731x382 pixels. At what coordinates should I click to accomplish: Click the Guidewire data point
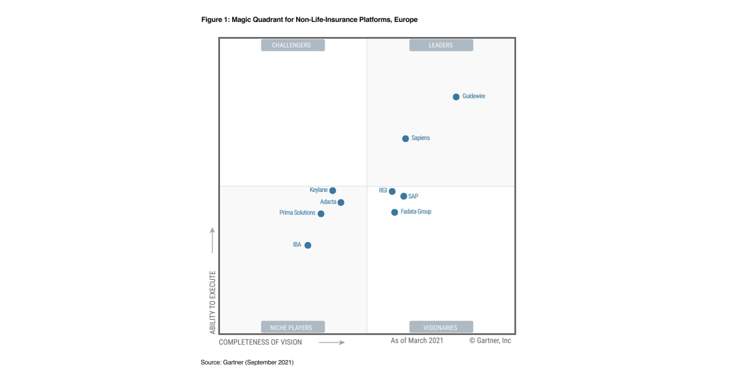pos(456,97)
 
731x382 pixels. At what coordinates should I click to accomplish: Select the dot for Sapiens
pos(406,138)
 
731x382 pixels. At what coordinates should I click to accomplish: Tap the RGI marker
pos(392,191)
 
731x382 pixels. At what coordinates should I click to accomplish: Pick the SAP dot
pos(404,196)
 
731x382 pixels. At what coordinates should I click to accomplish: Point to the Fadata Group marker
pos(395,213)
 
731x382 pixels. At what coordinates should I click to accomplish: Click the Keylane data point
pos(333,191)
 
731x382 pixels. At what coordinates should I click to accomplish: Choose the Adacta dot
pos(341,202)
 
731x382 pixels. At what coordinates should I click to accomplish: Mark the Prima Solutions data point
pos(321,214)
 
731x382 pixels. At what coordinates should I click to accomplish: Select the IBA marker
pos(308,246)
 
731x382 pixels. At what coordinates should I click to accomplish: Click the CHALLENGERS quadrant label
pos(293,45)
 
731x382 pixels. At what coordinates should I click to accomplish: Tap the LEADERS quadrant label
pos(441,45)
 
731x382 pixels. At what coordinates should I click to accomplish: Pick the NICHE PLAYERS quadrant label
pos(293,327)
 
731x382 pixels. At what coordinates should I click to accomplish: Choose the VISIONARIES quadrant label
pos(441,327)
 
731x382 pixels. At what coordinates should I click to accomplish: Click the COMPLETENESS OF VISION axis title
pos(260,342)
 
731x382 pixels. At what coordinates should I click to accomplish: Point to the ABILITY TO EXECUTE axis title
pos(213,302)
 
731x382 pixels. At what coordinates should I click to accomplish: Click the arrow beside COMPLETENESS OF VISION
pos(332,342)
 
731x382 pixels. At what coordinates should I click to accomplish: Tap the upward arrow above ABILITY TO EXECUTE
pos(213,240)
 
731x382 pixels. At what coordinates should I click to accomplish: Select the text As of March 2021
pos(417,341)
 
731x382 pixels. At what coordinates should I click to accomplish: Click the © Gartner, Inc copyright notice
pos(490,341)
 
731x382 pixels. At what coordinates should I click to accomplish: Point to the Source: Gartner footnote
pos(247,363)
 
